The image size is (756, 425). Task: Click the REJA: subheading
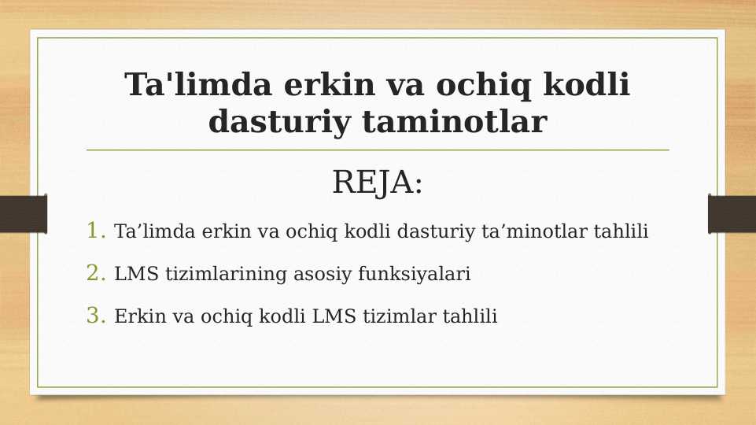[x=378, y=183]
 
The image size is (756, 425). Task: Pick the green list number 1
[x=96, y=231]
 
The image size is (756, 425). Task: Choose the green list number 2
[x=96, y=273]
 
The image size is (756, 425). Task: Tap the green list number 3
[x=96, y=316]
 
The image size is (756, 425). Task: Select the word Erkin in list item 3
[x=136, y=316]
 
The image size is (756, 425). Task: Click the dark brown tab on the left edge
[x=23, y=213]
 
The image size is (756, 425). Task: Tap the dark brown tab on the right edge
[x=732, y=213]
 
